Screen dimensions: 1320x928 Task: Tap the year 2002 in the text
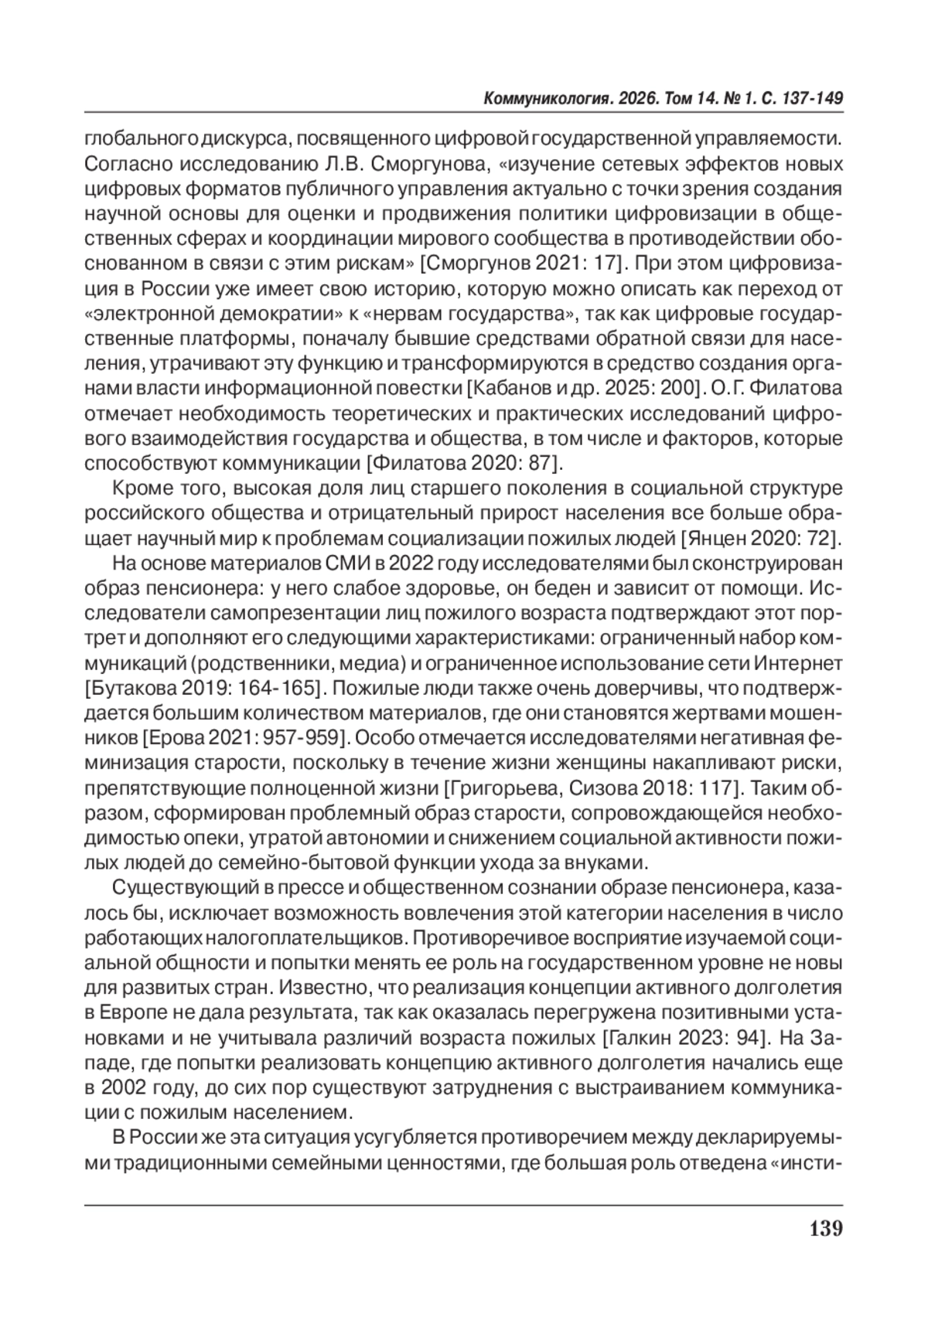click(125, 1086)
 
